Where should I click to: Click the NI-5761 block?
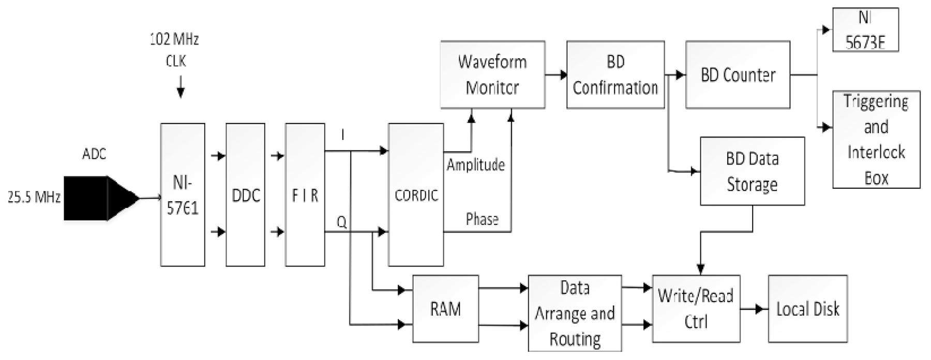click(183, 194)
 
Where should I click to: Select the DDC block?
click(246, 194)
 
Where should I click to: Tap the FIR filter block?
click(305, 194)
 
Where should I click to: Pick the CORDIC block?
click(416, 194)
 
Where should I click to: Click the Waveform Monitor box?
click(492, 74)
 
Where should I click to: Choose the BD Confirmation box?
click(615, 74)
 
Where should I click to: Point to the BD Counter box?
click(738, 74)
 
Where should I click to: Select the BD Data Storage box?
click(752, 171)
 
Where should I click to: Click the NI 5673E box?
click(865, 29)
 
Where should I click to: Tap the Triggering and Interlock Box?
click(876, 139)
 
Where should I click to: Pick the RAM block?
click(445, 309)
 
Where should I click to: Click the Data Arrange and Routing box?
click(575, 313)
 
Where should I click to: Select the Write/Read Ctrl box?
click(696, 309)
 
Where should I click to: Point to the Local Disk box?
click(807, 309)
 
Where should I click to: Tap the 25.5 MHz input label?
click(34, 197)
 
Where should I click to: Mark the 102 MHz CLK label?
click(175, 50)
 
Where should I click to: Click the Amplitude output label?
click(475, 165)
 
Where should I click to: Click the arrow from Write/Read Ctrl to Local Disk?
click(754, 309)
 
